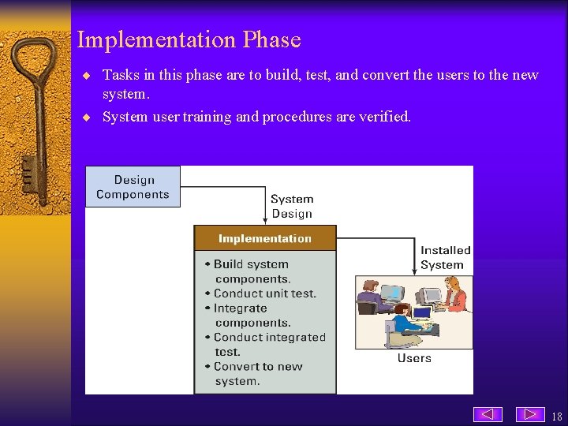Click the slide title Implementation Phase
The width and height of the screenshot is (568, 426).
click(x=189, y=39)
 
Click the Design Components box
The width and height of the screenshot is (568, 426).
click(x=133, y=187)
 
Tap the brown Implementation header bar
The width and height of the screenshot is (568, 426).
click(x=265, y=238)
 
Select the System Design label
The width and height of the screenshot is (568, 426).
click(x=292, y=207)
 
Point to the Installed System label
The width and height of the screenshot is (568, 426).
click(x=445, y=257)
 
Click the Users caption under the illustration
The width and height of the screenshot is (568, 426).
click(x=414, y=358)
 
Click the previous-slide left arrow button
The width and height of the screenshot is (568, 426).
click(x=488, y=414)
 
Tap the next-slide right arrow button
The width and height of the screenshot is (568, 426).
click(x=530, y=414)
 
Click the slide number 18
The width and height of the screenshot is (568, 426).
click(x=557, y=417)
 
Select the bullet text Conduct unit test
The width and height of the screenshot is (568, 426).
click(x=264, y=293)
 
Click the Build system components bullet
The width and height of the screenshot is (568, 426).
click(x=251, y=271)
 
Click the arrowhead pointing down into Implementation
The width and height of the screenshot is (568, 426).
click(x=265, y=220)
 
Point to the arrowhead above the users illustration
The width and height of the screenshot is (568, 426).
click(x=414, y=270)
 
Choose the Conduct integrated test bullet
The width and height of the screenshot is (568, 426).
click(x=268, y=344)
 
